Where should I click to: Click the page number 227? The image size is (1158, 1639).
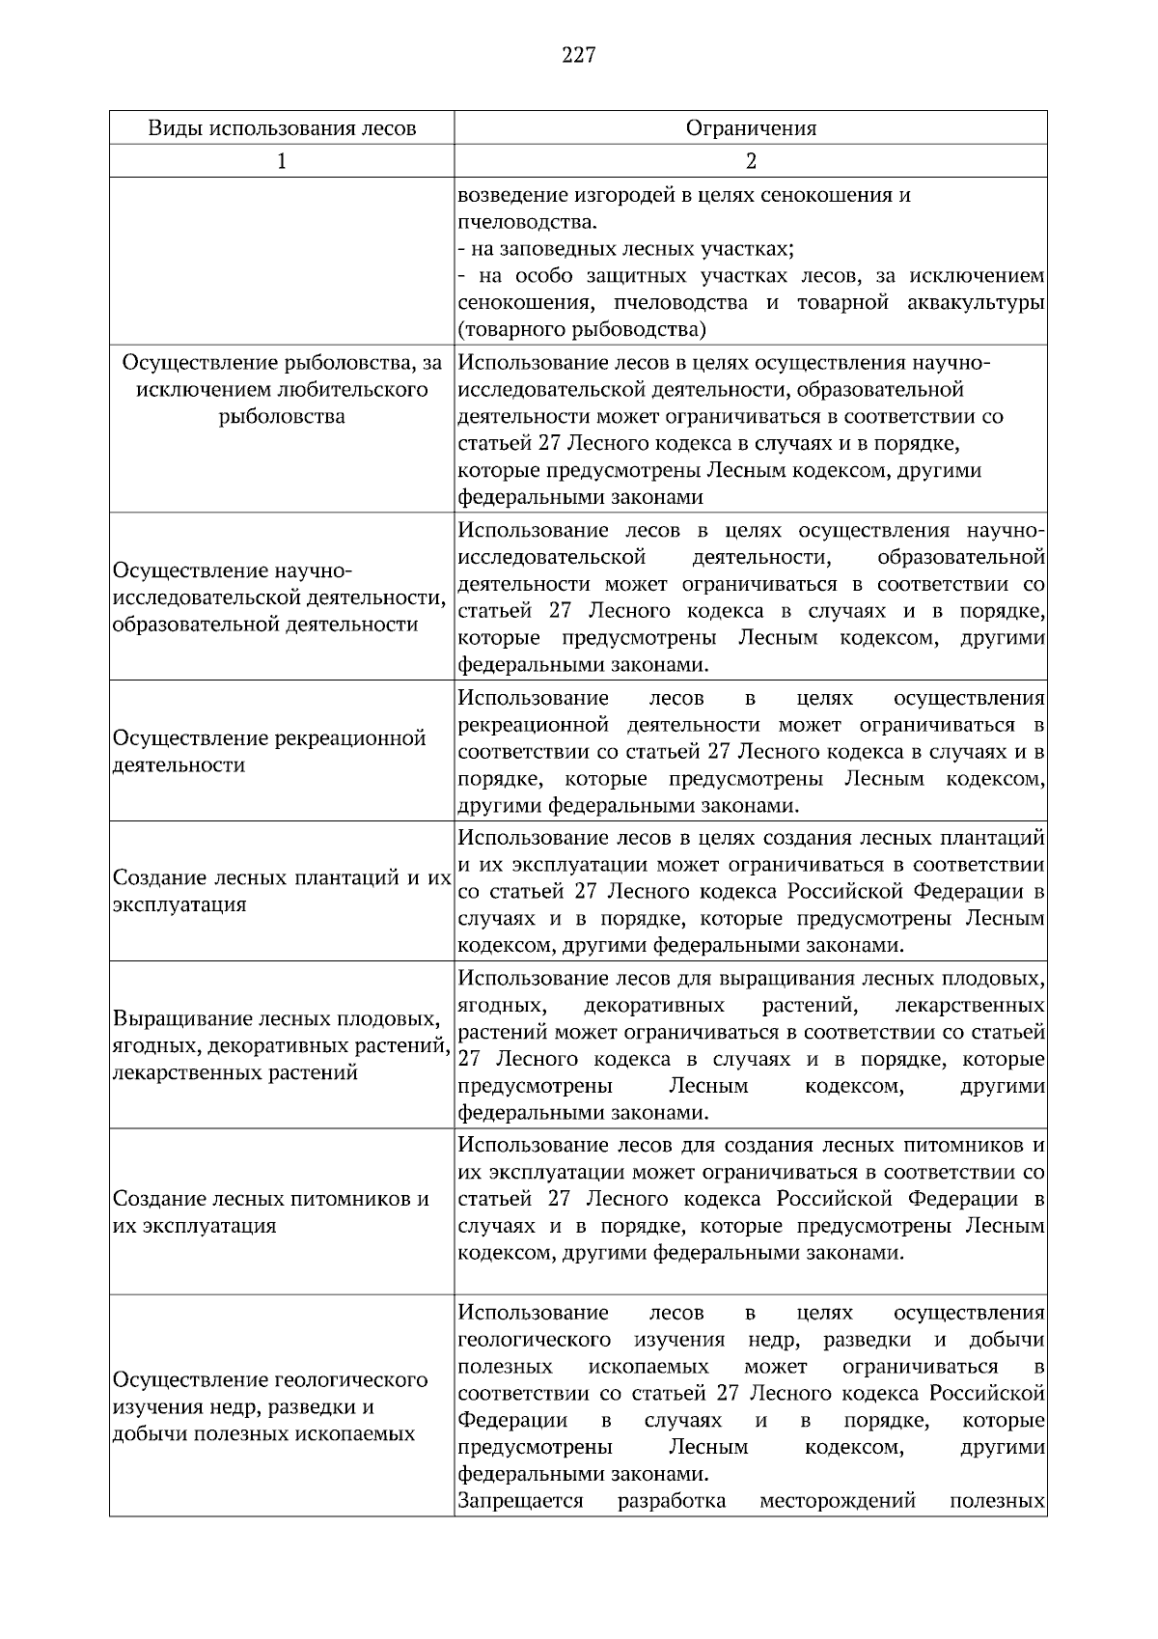coord(578,55)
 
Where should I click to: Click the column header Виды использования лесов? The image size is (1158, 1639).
coord(282,128)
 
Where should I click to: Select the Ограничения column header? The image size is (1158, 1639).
coord(751,128)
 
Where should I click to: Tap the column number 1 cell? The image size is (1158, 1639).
coord(282,161)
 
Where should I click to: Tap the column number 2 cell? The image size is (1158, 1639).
coord(751,161)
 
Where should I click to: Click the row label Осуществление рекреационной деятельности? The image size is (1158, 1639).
coord(270,752)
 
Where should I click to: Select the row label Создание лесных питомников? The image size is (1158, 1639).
coord(271,1212)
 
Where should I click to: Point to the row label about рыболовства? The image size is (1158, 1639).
coord(282,390)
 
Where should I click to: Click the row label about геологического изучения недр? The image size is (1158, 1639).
coord(270,1406)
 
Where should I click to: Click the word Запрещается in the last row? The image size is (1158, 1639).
coord(521,1502)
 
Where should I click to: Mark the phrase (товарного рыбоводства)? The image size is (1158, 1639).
coord(582,330)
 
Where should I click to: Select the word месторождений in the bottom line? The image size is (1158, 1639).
coord(837,1502)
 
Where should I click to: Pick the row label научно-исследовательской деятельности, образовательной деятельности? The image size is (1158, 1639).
coord(280,597)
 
